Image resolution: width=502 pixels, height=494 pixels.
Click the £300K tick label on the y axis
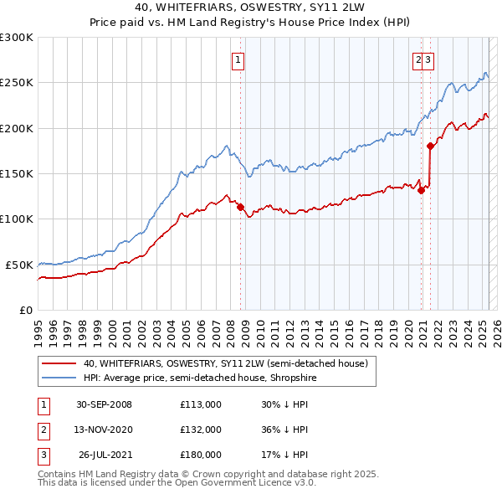(x=17, y=38)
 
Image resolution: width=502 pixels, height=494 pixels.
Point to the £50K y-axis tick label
(x=19, y=265)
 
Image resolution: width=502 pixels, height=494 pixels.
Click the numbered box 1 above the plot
(x=238, y=59)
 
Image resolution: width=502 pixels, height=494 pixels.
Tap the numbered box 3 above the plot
(x=428, y=59)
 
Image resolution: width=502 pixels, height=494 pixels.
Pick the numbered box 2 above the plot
(x=417, y=59)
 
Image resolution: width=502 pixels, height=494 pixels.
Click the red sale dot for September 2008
(x=240, y=207)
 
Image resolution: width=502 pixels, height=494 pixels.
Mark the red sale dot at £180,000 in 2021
(x=430, y=146)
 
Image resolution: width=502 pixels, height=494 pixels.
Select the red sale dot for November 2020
(x=421, y=190)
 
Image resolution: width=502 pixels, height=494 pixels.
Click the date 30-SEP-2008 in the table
(x=104, y=404)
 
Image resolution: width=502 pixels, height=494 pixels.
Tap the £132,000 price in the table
(x=201, y=430)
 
